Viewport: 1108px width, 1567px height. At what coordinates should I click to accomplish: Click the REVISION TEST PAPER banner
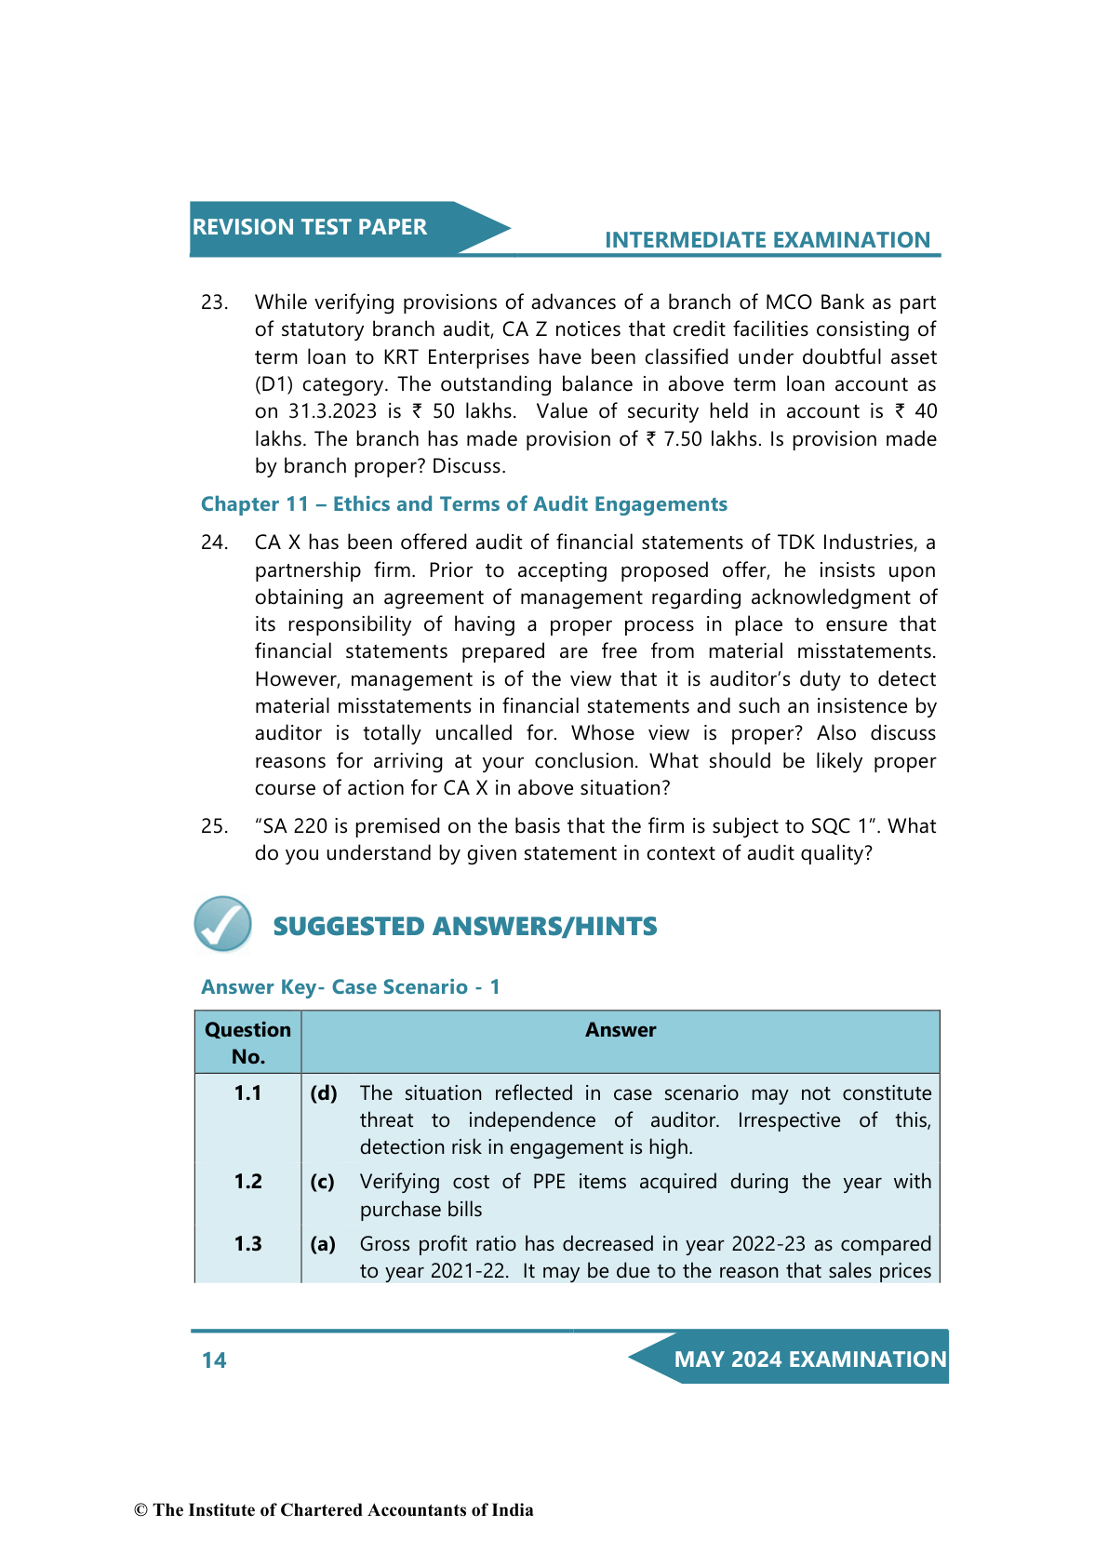[310, 227]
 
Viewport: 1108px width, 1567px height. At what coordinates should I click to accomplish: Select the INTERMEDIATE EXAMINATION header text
[767, 240]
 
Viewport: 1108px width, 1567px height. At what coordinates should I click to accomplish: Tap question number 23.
[214, 302]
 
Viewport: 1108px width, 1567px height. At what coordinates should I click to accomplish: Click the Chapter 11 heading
[463, 504]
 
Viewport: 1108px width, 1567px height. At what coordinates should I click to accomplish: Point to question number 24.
[214, 542]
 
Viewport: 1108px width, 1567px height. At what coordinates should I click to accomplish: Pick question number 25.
[214, 826]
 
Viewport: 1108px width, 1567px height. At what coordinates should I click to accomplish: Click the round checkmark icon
[223, 924]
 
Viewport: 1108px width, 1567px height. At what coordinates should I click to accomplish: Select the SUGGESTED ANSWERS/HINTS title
[464, 927]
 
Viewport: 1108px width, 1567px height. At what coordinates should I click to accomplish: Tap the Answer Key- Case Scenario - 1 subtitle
[350, 987]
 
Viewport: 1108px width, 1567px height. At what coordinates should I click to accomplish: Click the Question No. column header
[247, 1043]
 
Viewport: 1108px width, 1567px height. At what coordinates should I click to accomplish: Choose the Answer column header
[621, 1030]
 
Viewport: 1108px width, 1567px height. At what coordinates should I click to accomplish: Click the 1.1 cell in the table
[247, 1093]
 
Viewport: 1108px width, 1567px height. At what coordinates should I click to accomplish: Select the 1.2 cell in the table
[247, 1182]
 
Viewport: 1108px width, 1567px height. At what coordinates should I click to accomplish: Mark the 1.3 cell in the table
[247, 1244]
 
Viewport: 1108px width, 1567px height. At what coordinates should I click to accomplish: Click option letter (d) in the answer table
[324, 1093]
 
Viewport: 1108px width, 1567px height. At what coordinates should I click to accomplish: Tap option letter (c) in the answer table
[322, 1182]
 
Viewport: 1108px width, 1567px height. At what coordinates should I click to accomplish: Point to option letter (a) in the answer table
[323, 1244]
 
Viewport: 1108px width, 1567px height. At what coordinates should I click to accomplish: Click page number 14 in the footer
[214, 1360]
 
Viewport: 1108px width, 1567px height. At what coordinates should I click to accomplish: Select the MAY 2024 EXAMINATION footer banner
[809, 1359]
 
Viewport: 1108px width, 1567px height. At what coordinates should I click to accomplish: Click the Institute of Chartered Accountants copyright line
[334, 1510]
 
